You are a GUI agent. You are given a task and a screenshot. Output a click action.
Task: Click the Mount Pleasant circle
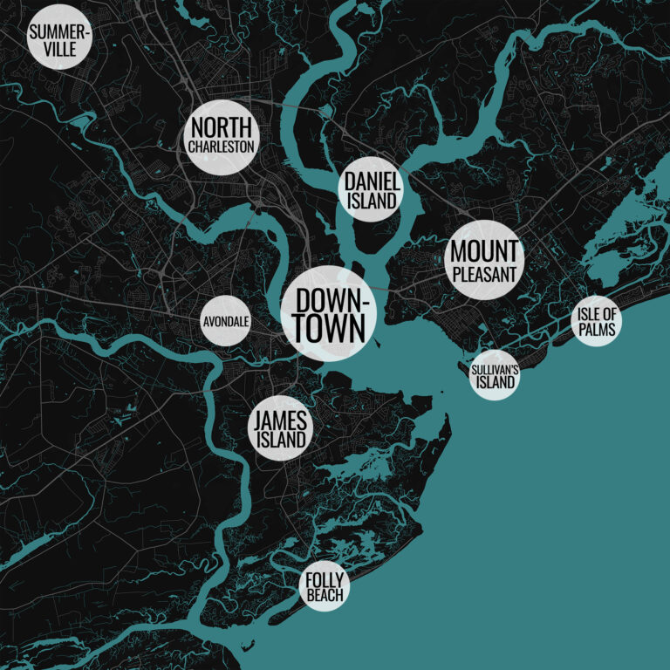point(484,259)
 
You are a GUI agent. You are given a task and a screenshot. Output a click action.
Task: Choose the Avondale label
point(225,322)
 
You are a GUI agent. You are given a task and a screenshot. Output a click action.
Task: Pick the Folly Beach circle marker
point(324,587)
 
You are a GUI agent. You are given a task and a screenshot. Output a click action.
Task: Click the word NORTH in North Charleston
point(221,128)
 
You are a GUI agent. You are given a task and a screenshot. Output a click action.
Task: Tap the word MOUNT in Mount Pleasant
point(484,251)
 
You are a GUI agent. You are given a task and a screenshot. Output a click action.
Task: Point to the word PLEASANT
point(484,274)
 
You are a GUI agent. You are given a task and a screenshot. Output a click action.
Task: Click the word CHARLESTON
point(221,147)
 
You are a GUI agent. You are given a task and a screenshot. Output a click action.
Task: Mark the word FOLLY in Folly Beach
point(324,580)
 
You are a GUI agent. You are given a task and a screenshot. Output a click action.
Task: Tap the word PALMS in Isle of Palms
point(598,329)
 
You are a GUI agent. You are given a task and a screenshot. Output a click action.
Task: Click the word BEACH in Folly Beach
point(324,596)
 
